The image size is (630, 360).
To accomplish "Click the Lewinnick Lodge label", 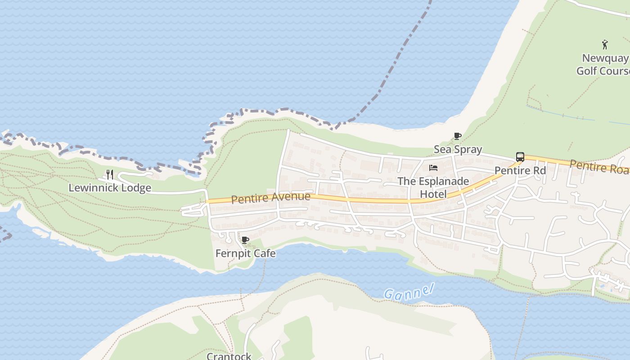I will pos(109,188).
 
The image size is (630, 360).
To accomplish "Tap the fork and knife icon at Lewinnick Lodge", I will pos(109,174).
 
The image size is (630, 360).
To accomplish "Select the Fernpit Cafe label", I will pos(245,253).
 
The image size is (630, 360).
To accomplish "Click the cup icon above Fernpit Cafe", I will pos(245,240).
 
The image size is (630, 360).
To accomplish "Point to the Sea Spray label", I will pos(458,149).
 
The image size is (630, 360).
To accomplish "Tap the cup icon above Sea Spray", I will pos(457,136).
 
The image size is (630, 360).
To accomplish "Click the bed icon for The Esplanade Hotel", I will pos(433,168).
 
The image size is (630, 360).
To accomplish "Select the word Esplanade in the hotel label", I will pos(443,181).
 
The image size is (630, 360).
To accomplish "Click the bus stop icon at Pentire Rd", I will pos(520,157).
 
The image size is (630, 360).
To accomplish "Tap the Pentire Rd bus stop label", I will pos(520,171).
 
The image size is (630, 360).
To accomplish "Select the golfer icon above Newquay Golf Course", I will pos(605,45).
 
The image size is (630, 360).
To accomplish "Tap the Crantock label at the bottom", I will pos(229,356).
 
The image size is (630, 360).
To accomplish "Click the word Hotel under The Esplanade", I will pos(433,194).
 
